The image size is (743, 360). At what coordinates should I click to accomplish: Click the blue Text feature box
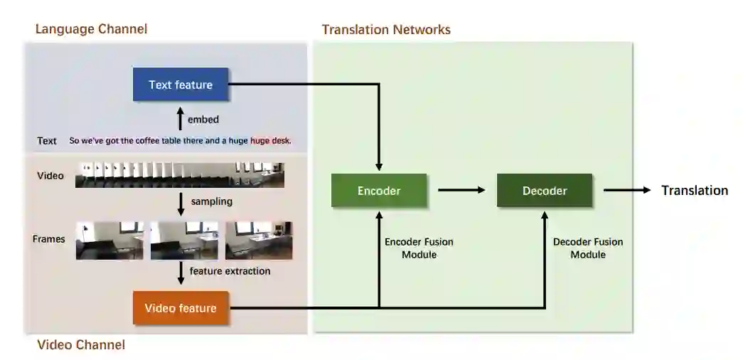pos(181,85)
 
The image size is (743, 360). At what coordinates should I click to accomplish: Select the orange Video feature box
pos(181,308)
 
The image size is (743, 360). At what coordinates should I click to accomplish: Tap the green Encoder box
pos(379,191)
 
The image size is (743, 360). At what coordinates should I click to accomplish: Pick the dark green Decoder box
pos(545,191)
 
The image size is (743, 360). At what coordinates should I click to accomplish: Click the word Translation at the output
pos(695,191)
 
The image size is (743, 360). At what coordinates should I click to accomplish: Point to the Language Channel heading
pos(92,29)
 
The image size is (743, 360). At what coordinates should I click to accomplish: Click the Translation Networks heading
pos(386,29)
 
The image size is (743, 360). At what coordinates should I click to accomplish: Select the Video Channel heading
pos(81,345)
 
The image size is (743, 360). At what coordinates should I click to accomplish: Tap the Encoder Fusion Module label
pos(419,248)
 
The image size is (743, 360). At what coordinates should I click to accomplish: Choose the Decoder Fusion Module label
pos(588,248)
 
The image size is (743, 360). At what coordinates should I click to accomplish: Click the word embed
pos(203,120)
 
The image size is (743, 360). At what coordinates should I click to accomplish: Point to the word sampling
pos(212,201)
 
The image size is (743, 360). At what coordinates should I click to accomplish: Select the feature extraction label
pos(230,271)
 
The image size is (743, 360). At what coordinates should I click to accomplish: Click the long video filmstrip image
pos(180,175)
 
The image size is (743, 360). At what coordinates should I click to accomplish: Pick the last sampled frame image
pos(259,240)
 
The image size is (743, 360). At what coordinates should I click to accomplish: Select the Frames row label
pos(49,240)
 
